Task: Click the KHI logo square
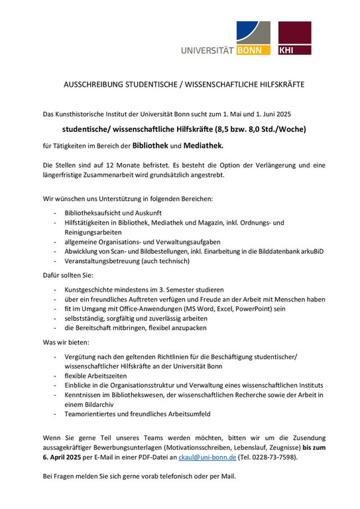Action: point(294,38)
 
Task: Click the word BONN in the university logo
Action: point(253,49)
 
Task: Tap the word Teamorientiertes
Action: point(93,414)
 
